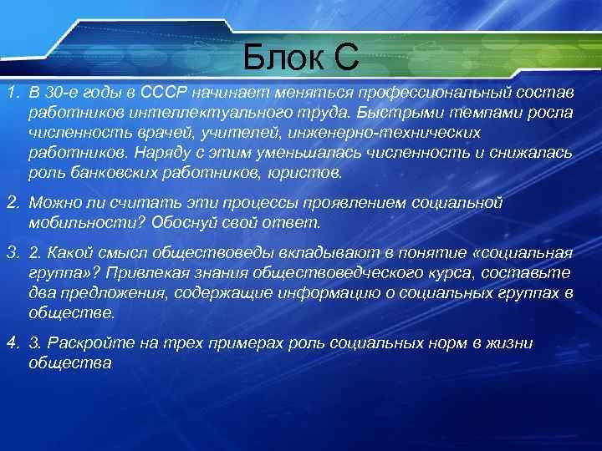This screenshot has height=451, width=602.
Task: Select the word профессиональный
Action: [x=441, y=90]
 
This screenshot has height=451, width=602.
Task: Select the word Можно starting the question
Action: [x=52, y=203]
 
